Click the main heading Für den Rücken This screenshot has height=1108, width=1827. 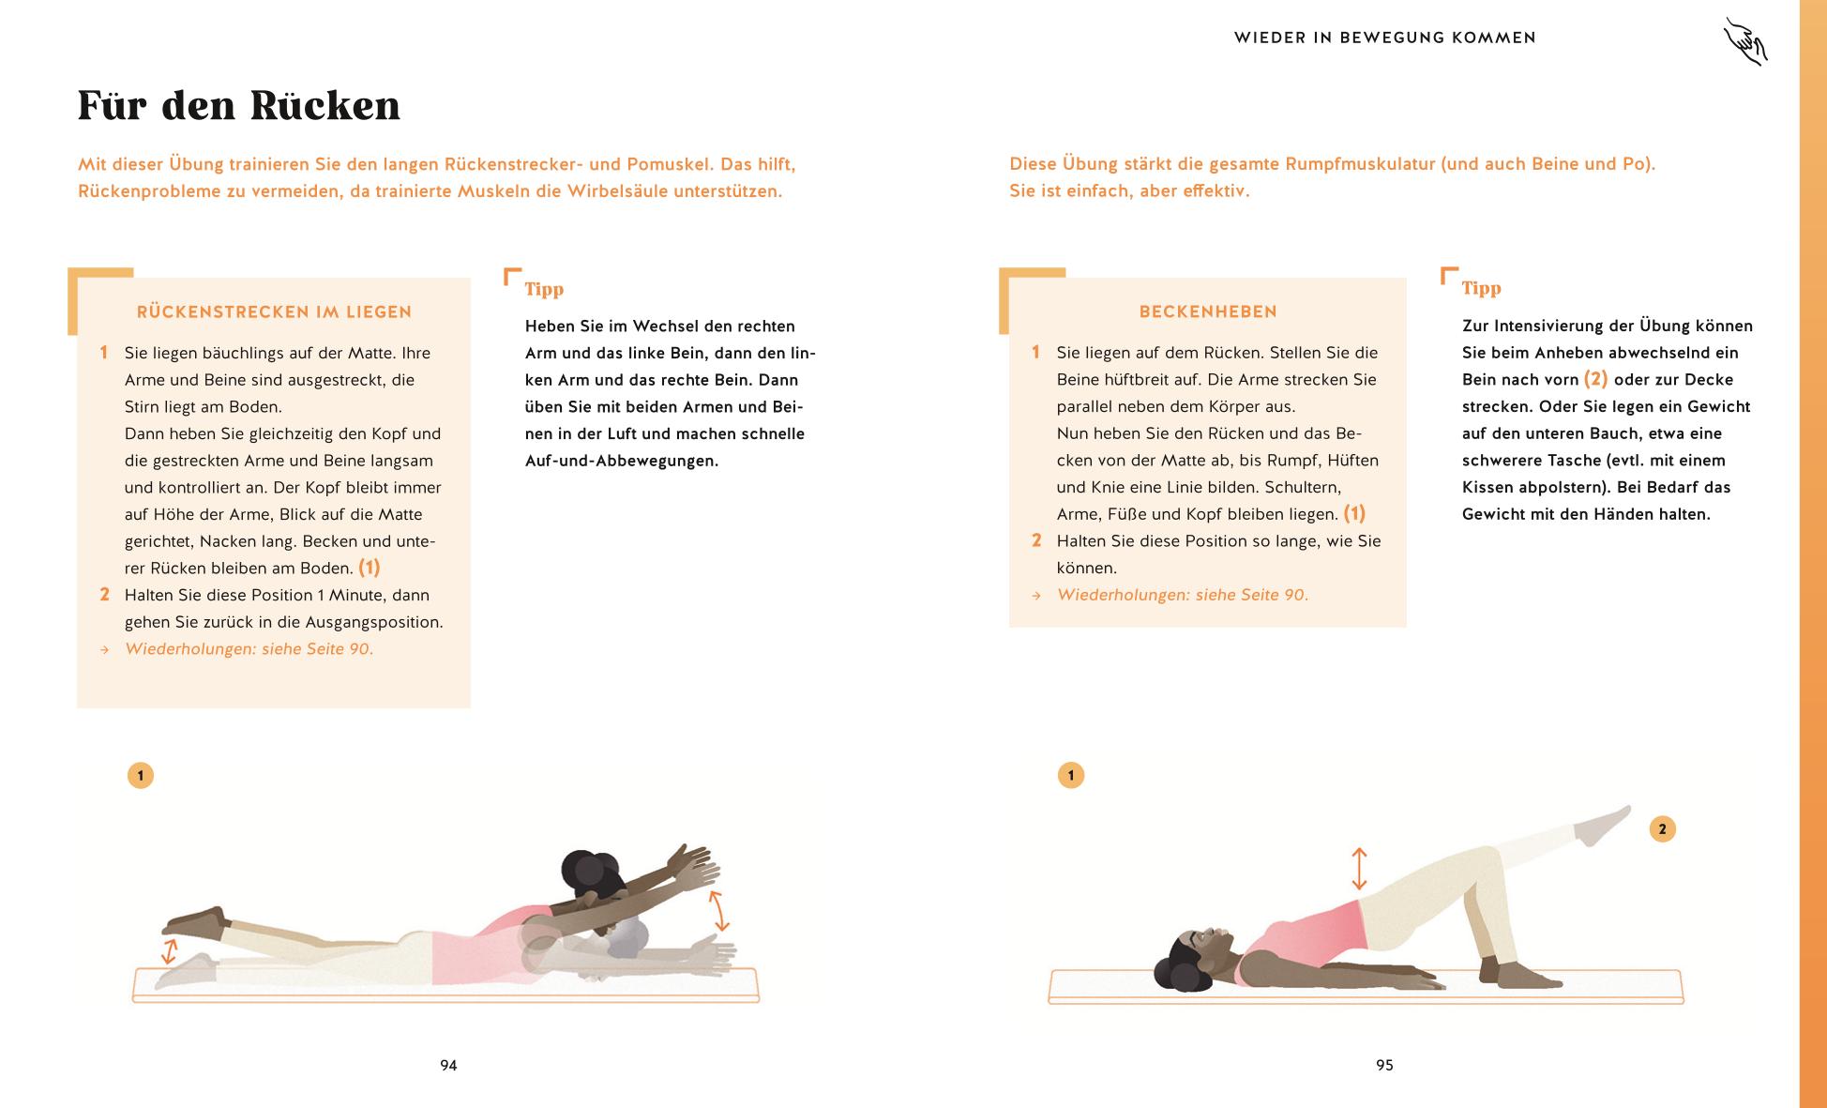(239, 105)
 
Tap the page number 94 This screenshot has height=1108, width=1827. (448, 1065)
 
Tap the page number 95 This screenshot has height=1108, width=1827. (1384, 1065)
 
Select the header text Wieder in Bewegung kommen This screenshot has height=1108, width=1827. (1384, 38)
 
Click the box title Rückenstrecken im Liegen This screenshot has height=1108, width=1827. (274, 312)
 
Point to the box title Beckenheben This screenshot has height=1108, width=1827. (1208, 311)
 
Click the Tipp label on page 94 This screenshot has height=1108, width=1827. (544, 289)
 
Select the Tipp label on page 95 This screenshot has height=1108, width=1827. (1481, 288)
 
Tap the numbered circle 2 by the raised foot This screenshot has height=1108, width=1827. (1662, 829)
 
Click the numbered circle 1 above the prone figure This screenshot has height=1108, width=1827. (141, 776)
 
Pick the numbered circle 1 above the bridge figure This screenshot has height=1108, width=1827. (1070, 775)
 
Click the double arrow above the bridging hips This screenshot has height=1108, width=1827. (1358, 869)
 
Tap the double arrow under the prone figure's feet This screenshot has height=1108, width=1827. (169, 951)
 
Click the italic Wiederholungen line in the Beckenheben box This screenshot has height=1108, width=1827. (1182, 595)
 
